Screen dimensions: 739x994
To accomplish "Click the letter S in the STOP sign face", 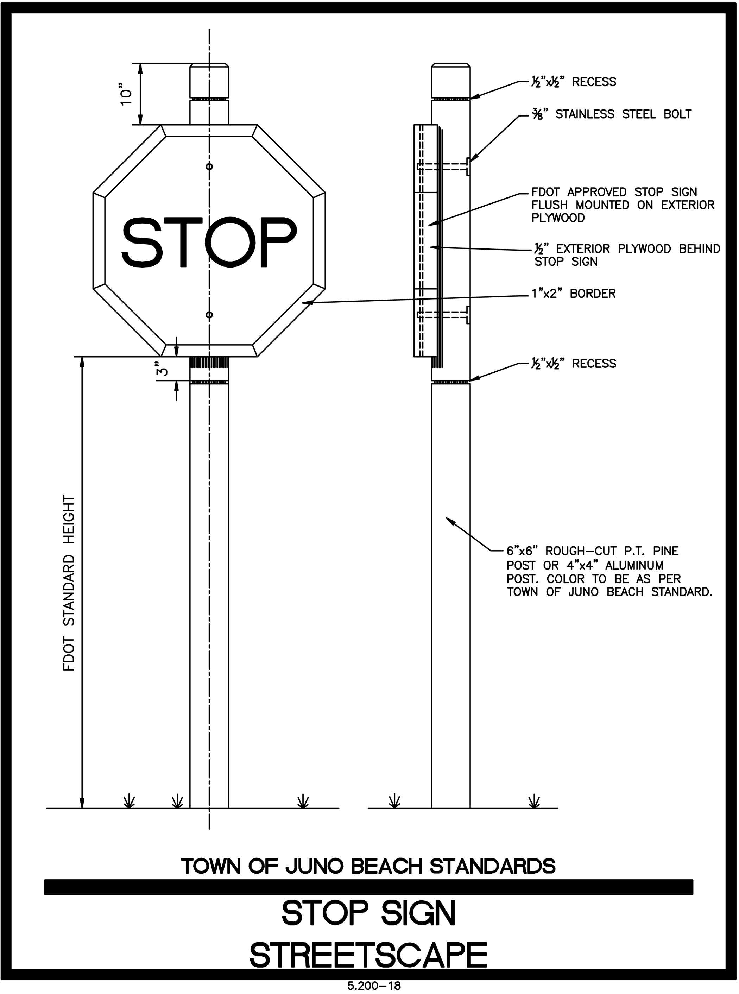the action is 140,242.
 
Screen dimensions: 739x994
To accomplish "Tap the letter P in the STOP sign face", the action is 274,242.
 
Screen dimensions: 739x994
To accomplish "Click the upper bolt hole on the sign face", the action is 209,167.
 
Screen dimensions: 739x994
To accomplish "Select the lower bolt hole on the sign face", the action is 209,315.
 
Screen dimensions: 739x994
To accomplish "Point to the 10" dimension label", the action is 127,94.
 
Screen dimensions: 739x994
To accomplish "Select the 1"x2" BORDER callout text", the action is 574,294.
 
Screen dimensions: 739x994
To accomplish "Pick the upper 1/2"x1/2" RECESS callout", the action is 574,82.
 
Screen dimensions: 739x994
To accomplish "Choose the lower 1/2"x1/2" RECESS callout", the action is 574,364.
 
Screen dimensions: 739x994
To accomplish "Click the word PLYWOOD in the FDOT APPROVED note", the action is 558,218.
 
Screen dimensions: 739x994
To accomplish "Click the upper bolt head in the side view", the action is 468,166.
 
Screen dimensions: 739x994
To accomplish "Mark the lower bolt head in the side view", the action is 468,315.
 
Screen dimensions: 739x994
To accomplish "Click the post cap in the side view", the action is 450,81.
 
